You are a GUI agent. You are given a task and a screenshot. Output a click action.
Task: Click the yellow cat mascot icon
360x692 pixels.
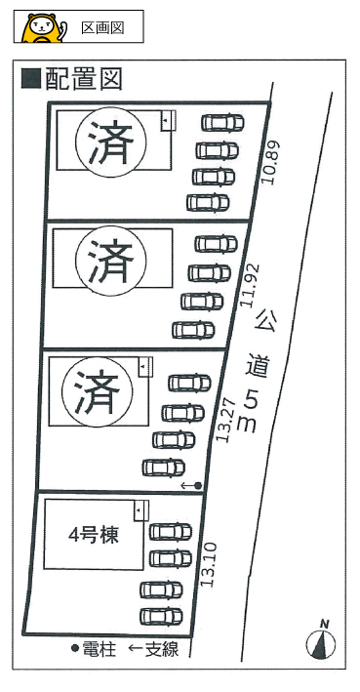tap(44, 27)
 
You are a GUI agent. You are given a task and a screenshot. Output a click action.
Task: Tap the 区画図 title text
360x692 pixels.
tap(101, 27)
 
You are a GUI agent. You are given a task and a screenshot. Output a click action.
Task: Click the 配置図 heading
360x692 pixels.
tap(83, 80)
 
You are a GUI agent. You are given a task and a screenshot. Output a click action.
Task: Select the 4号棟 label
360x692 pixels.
tap(94, 536)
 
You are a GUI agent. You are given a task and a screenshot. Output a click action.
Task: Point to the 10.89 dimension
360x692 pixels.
tap(272, 162)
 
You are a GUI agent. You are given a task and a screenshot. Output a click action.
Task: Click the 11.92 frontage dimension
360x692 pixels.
tap(250, 285)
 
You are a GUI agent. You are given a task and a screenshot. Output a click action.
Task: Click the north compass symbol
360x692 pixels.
tap(321, 640)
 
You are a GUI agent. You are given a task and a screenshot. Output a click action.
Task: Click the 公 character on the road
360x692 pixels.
tap(265, 320)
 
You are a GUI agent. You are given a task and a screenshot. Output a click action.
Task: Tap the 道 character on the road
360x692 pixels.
tap(258, 365)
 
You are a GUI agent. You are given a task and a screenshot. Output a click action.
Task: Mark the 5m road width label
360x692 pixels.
tap(249, 412)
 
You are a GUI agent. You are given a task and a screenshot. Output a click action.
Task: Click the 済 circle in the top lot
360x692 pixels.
tap(111, 142)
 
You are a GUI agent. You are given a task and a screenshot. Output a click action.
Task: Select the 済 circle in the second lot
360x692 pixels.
tap(111, 262)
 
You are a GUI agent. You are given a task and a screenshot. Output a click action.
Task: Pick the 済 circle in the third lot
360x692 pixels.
tap(97, 392)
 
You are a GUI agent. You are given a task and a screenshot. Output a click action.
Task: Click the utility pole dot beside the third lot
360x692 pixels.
tap(198, 485)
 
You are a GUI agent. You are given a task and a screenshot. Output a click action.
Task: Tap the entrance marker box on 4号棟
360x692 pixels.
tap(141, 510)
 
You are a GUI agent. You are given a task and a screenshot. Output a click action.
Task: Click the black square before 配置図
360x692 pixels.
tap(31, 78)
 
